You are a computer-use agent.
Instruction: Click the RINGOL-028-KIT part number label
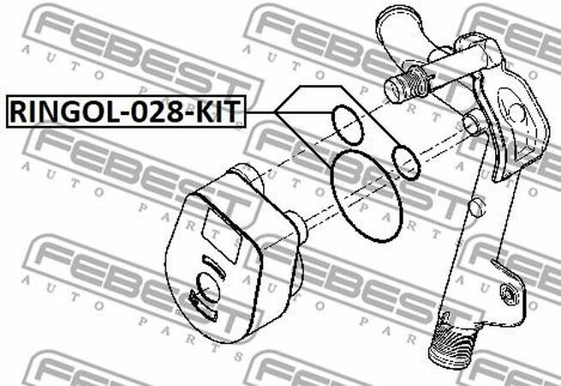[x=126, y=112]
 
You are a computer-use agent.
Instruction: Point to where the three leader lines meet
[x=276, y=112]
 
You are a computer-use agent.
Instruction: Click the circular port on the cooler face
[x=208, y=286]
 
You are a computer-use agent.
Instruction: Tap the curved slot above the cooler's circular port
[x=214, y=266]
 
